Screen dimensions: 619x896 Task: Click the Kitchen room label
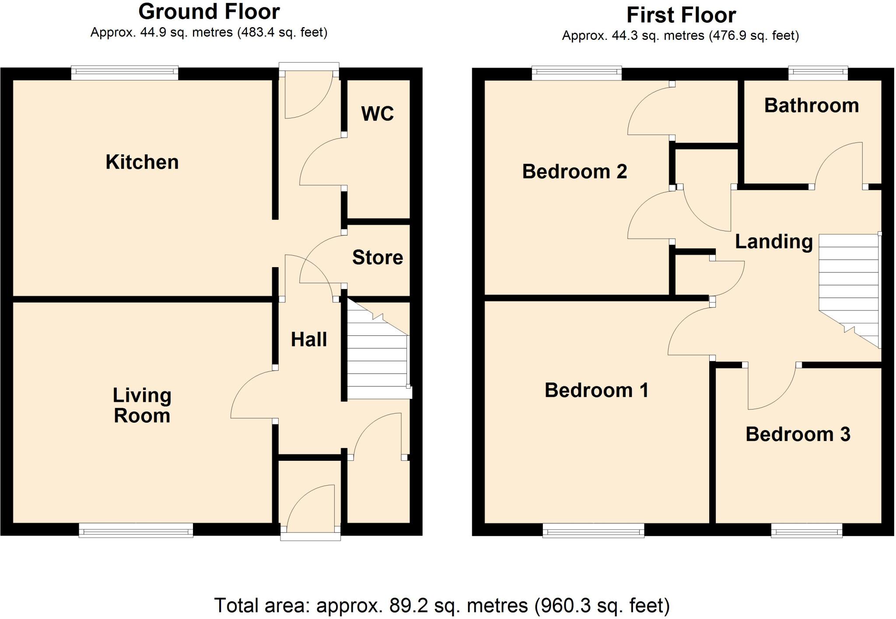tap(142, 162)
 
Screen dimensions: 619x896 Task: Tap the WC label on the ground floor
tap(377, 114)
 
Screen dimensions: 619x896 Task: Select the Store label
tap(377, 257)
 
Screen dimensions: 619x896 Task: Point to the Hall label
tap(309, 340)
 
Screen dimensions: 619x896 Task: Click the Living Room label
tap(142, 405)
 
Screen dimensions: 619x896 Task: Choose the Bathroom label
tap(812, 106)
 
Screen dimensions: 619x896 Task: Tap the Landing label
tap(773, 241)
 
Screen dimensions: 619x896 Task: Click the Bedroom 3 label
tap(798, 434)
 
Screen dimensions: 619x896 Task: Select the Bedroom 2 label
tap(574, 171)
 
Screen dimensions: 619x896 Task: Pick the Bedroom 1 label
tap(596, 390)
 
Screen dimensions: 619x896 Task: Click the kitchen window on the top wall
tap(125, 73)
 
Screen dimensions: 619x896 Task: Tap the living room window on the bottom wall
tap(136, 530)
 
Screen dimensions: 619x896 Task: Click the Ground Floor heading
tap(209, 12)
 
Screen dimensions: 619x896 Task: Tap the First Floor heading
tap(681, 15)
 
